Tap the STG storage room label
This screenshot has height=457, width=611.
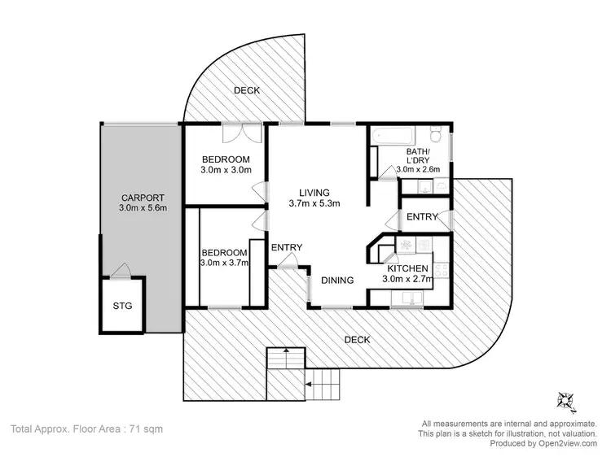tap(122, 307)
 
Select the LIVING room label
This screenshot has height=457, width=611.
tap(314, 192)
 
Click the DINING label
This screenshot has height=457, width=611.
tap(336, 281)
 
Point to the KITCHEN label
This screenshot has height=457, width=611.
tap(409, 269)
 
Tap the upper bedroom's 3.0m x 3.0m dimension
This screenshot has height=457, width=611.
tap(225, 170)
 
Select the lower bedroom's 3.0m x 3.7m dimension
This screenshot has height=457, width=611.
tap(225, 263)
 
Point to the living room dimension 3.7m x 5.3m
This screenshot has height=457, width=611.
tap(314, 203)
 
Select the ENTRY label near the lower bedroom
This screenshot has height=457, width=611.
tap(287, 248)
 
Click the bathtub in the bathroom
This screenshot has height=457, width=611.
tap(394, 135)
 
